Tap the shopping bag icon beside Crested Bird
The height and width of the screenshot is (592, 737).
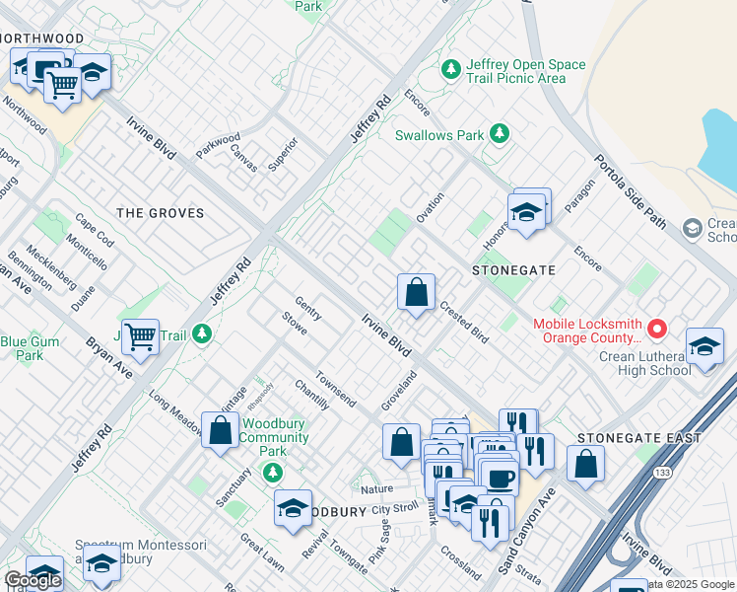[x=417, y=292]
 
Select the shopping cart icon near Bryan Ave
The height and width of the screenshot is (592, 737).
[x=140, y=336]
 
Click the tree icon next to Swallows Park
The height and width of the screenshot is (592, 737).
[x=500, y=133]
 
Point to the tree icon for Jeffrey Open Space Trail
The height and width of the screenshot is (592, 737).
[x=451, y=69]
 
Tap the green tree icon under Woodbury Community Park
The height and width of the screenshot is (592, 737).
[x=274, y=471]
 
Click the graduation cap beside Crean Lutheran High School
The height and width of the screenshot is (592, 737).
[x=705, y=347]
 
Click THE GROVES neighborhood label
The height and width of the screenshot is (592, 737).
[x=161, y=213]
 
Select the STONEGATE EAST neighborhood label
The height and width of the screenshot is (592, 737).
[x=639, y=438]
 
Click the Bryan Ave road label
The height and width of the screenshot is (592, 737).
[x=109, y=357]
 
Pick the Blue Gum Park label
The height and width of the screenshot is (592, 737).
[x=23, y=348]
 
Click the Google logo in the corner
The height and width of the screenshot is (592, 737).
[x=33, y=580]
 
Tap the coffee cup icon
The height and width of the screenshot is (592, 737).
[x=499, y=479]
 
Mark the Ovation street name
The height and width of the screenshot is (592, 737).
[x=430, y=208]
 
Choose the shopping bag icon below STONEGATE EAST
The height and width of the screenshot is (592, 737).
[x=585, y=464]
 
